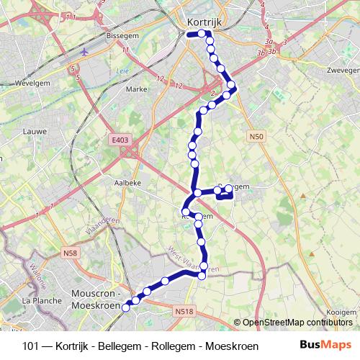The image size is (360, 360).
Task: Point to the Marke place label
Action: coord(136,89)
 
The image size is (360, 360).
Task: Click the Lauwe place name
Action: coord(35,131)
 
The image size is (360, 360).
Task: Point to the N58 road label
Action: coord(71,252)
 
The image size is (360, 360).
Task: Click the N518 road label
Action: coord(184,312)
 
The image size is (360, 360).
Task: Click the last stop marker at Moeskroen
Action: coord(125,307)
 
